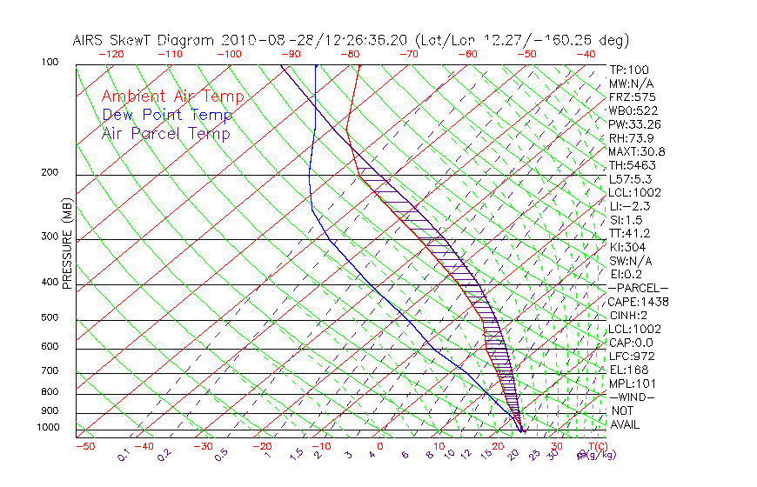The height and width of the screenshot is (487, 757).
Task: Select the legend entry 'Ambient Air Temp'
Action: (172, 97)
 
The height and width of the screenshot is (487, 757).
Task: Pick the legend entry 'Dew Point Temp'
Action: (167, 115)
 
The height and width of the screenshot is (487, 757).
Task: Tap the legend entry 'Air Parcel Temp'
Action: (165, 133)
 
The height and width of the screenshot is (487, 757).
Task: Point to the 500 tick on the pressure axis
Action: (50, 318)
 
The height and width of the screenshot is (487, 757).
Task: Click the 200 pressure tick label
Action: (50, 173)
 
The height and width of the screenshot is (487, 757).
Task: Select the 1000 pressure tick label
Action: (47, 428)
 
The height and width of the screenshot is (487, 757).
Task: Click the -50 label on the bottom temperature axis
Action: (84, 446)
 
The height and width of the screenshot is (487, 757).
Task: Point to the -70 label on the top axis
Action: (408, 54)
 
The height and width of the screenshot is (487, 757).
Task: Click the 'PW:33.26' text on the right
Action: (635, 124)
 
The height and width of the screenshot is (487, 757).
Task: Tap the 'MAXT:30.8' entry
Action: (638, 151)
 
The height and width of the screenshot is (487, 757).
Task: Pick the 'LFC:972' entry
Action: (632, 356)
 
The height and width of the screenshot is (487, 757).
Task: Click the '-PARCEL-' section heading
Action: (638, 288)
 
